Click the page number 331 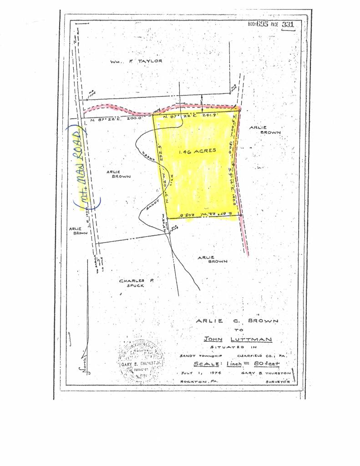click(x=288, y=25)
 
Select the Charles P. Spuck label click(x=137, y=283)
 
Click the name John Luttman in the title click(x=238, y=339)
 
